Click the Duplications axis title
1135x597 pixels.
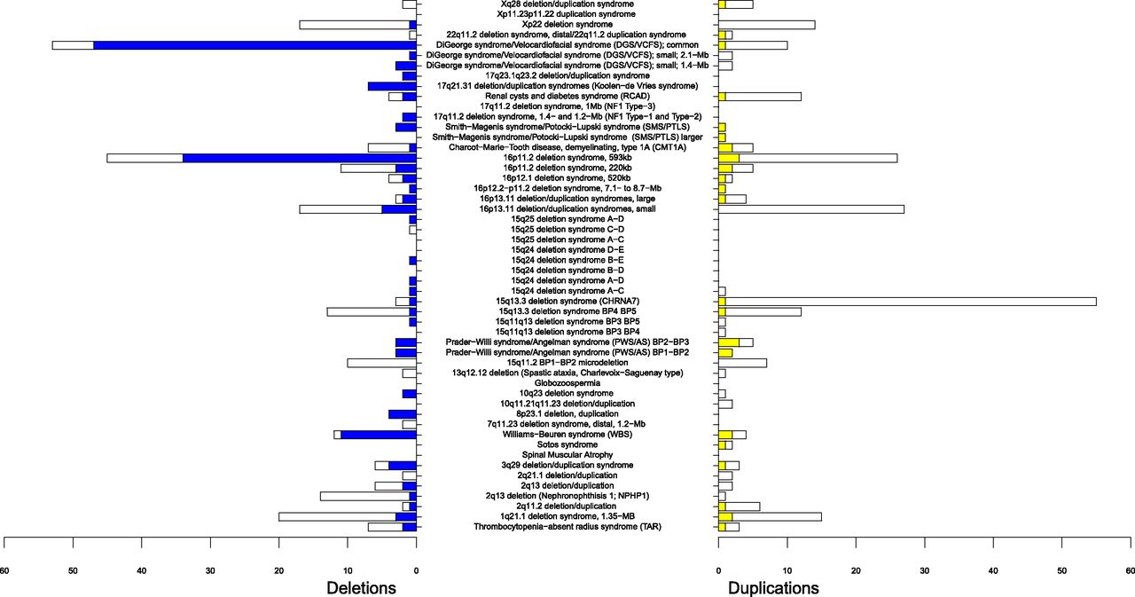click(773, 586)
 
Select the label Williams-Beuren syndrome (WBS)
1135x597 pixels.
click(567, 435)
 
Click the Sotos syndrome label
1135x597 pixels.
click(567, 444)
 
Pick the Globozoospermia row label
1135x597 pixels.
click(567, 383)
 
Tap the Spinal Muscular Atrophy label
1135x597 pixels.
click(567, 455)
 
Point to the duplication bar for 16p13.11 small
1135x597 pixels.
click(810, 209)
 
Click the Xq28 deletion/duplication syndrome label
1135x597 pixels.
click(567, 4)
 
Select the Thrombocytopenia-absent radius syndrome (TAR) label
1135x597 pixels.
click(567, 527)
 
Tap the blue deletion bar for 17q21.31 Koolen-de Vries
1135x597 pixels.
click(392, 86)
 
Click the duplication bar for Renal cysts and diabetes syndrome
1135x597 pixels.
click(763, 96)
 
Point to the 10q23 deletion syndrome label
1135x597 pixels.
click(567, 394)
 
